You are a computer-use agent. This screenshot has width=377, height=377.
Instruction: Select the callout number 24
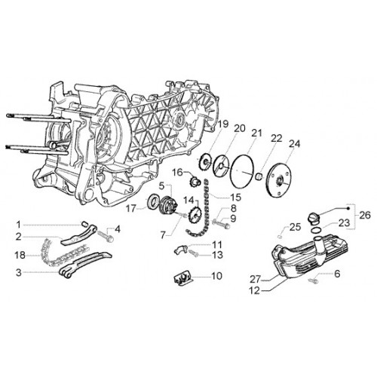295,144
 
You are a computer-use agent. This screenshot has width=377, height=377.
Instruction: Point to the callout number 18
20,255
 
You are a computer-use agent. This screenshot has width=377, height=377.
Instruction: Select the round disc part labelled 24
279,180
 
